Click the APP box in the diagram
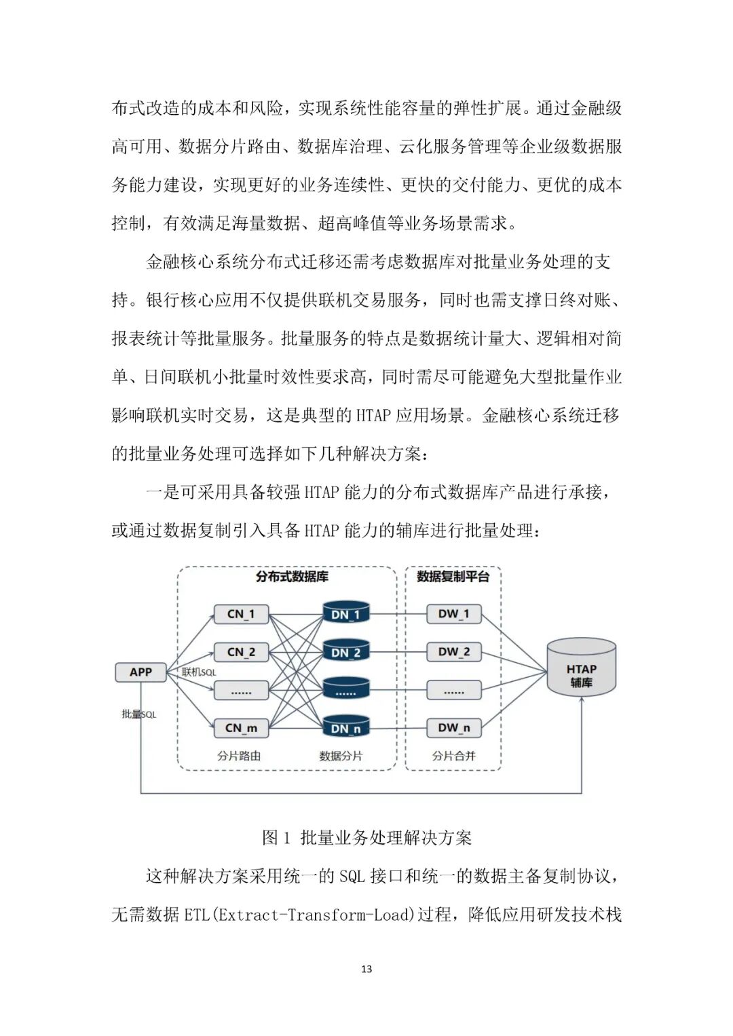tap(140, 672)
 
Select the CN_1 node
tap(241, 614)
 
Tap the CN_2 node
tap(241, 652)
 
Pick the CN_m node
tap(241, 728)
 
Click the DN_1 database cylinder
tap(345, 613)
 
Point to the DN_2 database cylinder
tap(345, 651)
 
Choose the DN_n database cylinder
tap(345, 727)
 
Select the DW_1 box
tap(453, 614)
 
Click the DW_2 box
tap(453, 652)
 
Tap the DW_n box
tap(453, 728)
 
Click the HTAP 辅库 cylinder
tap(581, 668)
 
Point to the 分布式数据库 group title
tap(292, 577)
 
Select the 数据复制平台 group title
tap(453, 577)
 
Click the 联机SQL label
tap(199, 672)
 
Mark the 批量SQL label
tap(139, 714)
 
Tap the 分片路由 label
tap(239, 755)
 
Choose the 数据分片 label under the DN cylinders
tap(341, 755)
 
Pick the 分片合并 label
tap(453, 755)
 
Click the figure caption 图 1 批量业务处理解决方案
tap(366, 838)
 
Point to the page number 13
tap(366, 969)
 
